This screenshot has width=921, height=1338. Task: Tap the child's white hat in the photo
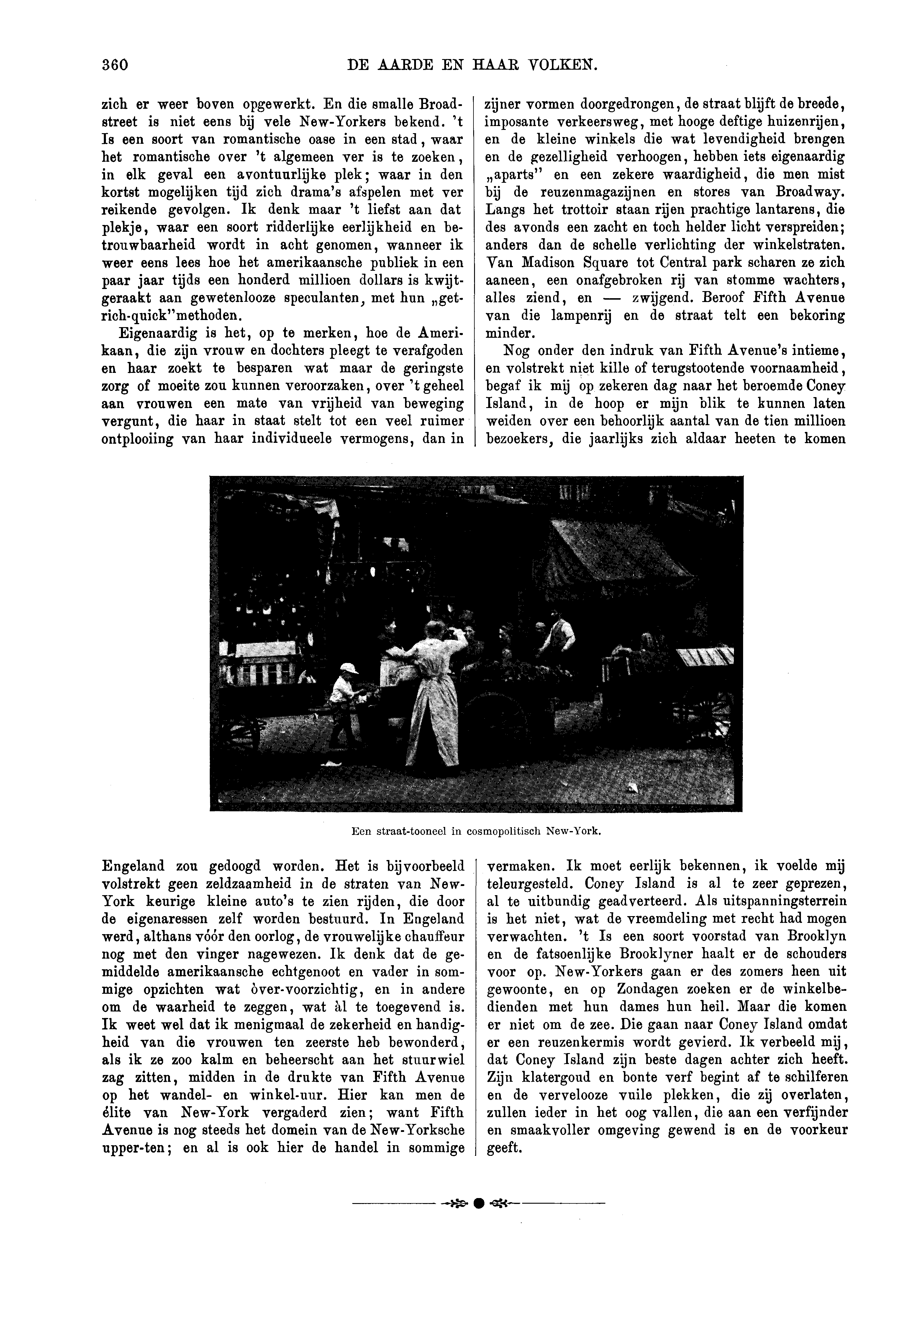(349, 668)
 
